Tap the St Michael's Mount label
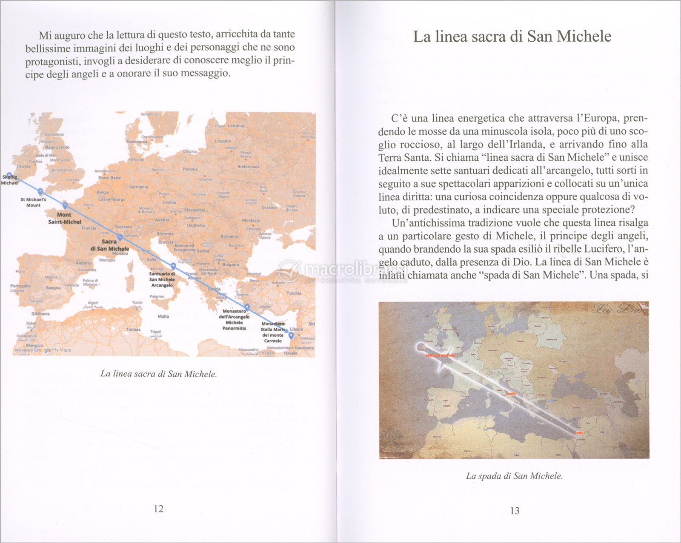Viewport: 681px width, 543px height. tap(33, 202)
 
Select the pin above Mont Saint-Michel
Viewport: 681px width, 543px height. tap(65, 206)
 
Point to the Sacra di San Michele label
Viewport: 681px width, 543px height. tap(109, 245)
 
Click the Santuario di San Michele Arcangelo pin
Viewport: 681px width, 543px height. tap(173, 266)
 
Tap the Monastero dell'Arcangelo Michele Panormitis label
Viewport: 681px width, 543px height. tap(234, 319)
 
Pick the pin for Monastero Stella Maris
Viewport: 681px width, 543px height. tap(291, 335)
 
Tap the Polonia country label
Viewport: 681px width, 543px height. tap(190, 169)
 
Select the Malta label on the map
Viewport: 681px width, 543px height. tap(163, 316)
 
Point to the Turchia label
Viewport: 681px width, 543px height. tap(294, 293)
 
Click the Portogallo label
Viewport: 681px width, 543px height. tap(20, 286)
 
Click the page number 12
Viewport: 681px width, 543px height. tap(158, 509)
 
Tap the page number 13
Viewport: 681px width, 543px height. tap(515, 511)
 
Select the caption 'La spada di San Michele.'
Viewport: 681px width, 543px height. tap(514, 476)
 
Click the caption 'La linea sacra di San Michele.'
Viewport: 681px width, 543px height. tap(159, 374)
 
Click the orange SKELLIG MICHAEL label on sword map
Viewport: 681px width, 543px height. tap(441, 355)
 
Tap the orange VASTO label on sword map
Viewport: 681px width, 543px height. tap(510, 394)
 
